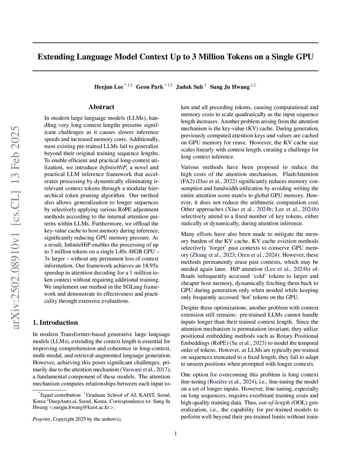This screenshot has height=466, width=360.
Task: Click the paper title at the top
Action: click(x=176, y=57)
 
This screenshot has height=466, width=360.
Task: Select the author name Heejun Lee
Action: click(x=108, y=87)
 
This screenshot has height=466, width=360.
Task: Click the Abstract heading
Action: click(x=101, y=107)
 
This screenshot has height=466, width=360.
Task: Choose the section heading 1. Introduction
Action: click(x=56, y=323)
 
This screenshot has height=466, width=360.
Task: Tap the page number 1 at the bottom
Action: click(x=176, y=433)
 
